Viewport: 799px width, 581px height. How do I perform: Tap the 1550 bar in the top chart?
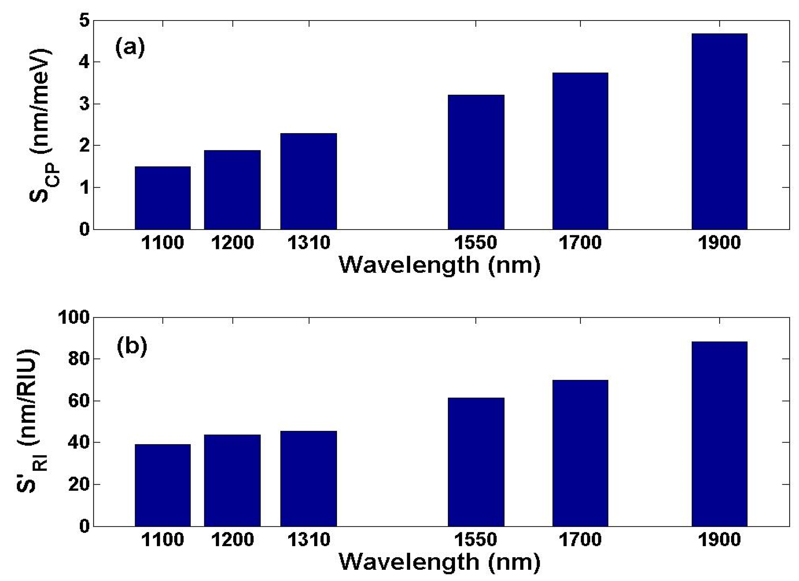pyautogui.click(x=476, y=162)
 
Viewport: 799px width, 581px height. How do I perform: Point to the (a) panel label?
pyautogui.click(x=130, y=47)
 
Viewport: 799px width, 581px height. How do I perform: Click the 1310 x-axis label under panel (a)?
pyautogui.click(x=309, y=243)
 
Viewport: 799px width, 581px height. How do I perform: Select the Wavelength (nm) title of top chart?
pyautogui.click(x=440, y=265)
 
